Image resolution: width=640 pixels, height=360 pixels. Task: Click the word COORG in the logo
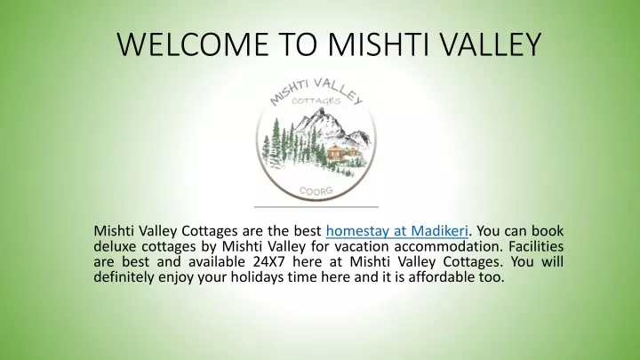tap(316, 191)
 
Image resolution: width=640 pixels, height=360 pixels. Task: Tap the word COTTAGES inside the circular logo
tap(316, 100)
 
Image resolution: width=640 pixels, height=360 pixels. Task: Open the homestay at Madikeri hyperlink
tap(396, 231)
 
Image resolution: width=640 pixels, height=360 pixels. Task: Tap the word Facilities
tap(536, 246)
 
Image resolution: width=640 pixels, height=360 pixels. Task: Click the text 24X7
tap(266, 261)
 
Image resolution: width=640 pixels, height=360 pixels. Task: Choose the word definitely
tap(122, 277)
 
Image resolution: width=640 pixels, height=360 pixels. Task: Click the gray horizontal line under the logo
tap(316, 207)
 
